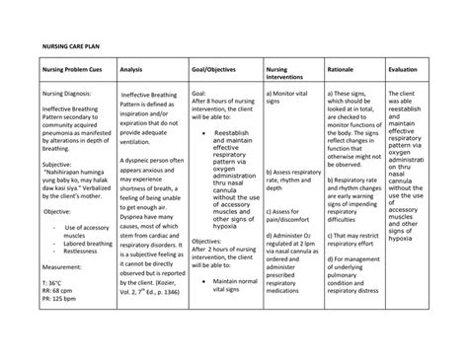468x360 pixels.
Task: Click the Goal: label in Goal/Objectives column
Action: click(x=200, y=91)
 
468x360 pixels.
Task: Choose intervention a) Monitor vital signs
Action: click(x=291, y=96)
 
